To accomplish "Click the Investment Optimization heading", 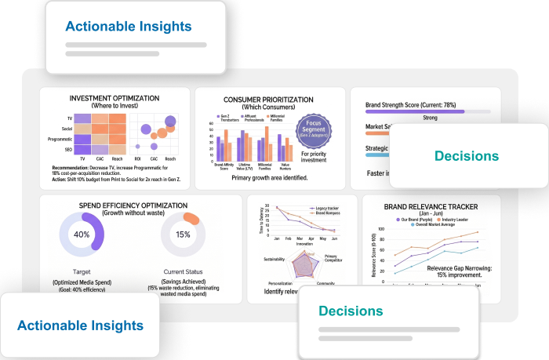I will pyautogui.click(x=115, y=98).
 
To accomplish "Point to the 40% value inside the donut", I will pyautogui.click(x=82, y=235).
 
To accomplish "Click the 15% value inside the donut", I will pyautogui.click(x=184, y=235).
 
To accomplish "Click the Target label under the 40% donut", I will pyautogui.click(x=82, y=271).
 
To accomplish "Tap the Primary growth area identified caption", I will pyautogui.click(x=270, y=178).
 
